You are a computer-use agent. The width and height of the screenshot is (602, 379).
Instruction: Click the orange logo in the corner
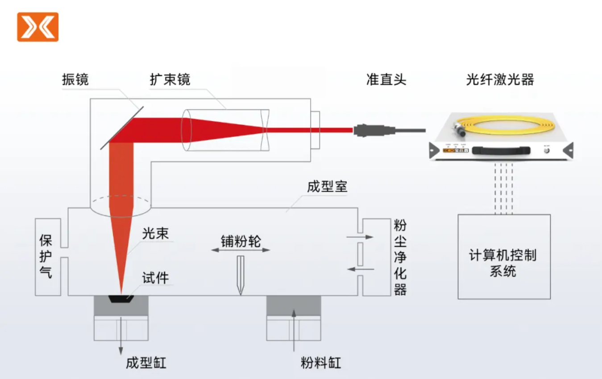[38, 27]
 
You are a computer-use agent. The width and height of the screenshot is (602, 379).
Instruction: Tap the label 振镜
[75, 79]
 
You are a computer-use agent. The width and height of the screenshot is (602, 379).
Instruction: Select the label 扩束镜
[170, 79]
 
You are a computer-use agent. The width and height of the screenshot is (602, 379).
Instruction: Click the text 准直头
[386, 79]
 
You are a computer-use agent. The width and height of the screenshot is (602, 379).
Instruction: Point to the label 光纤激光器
[500, 79]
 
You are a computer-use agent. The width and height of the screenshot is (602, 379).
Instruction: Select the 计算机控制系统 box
[504, 256]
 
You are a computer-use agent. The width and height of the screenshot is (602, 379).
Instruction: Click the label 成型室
[327, 187]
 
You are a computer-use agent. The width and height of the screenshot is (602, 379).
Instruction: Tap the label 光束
[155, 233]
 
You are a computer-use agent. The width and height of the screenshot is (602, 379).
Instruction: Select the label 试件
[155, 278]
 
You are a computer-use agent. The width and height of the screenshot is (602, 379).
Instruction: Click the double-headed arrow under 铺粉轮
[241, 250]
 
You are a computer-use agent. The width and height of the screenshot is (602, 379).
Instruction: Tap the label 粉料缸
[320, 362]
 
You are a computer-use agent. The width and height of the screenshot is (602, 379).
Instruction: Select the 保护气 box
[48, 257]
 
